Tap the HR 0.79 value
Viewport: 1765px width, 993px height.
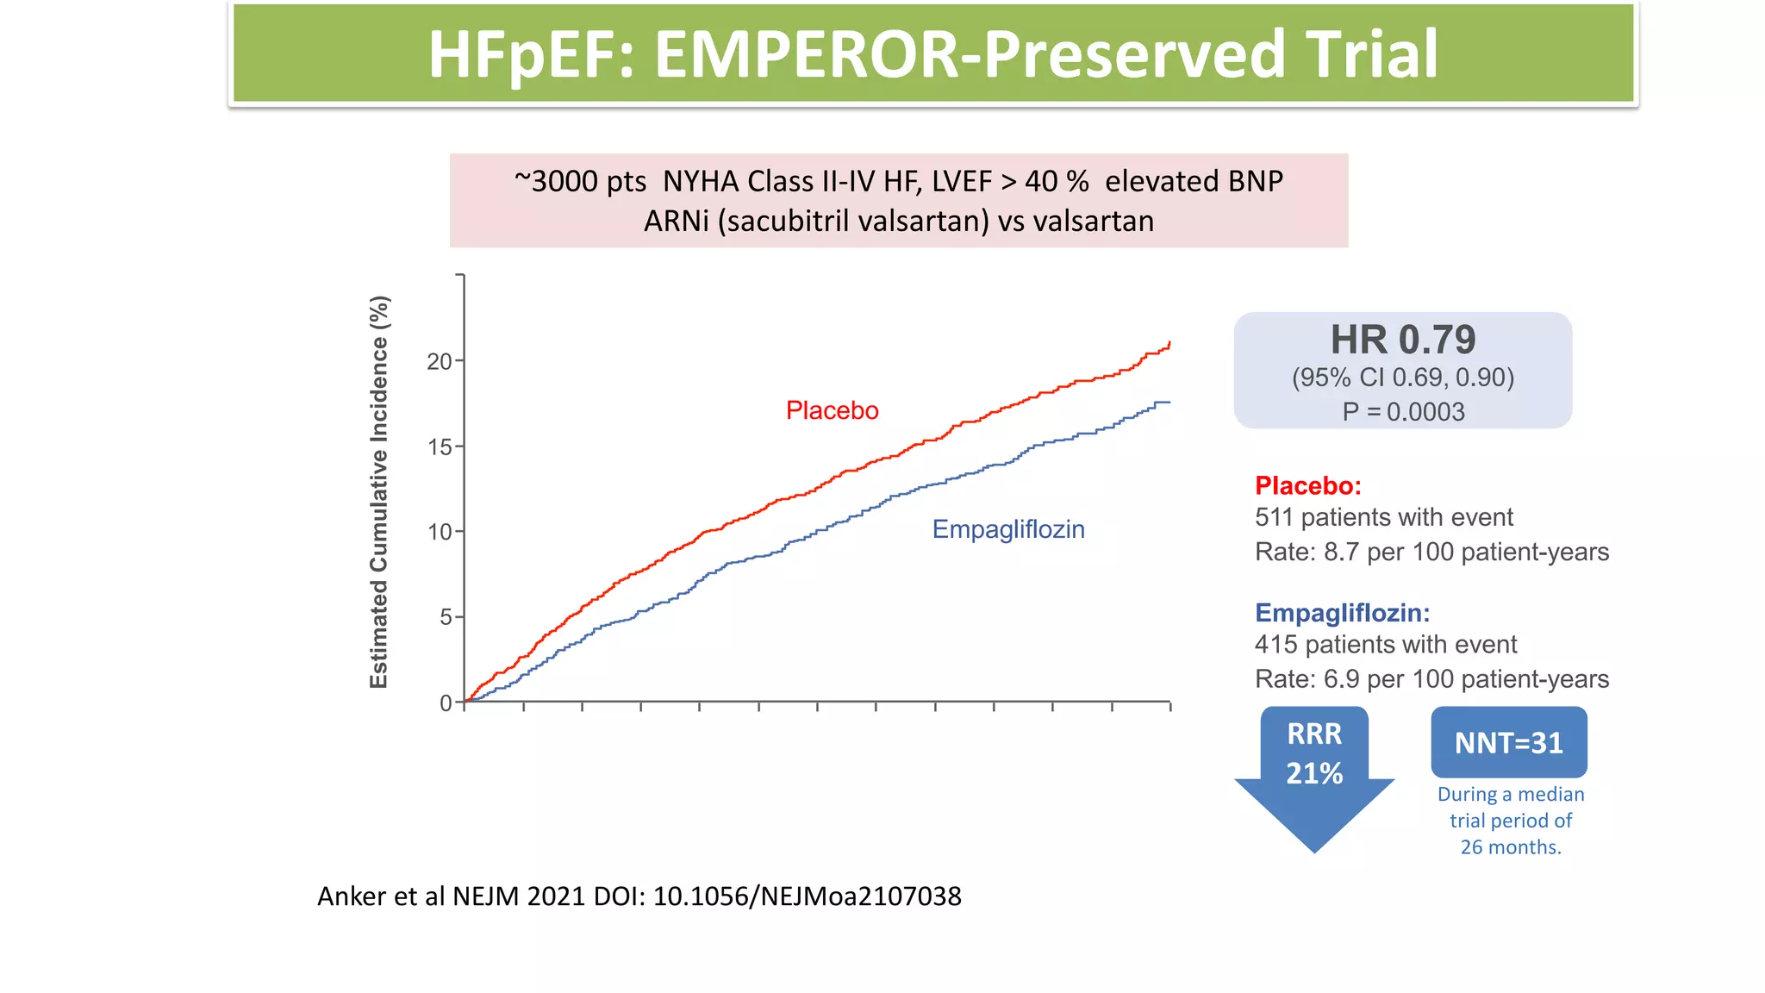(x=1402, y=340)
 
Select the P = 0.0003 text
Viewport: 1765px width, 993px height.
(x=1402, y=412)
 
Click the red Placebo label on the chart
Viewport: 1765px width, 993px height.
(x=832, y=410)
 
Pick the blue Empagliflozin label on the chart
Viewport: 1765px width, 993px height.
(x=1007, y=529)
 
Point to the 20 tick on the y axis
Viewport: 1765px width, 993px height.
(x=440, y=361)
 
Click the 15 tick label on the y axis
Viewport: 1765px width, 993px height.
(x=440, y=447)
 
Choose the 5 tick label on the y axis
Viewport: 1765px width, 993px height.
(x=446, y=617)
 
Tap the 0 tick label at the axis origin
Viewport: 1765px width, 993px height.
(x=446, y=703)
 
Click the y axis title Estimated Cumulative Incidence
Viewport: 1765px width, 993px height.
(x=379, y=491)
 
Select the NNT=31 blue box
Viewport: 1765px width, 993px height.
(x=1508, y=742)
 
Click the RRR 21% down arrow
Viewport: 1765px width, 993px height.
(x=1314, y=767)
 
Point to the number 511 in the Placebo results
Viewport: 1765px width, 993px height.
(x=1275, y=517)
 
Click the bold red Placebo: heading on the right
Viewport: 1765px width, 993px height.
(x=1307, y=485)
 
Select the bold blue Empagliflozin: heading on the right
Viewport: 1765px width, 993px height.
(x=1342, y=613)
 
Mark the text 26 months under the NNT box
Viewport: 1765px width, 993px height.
(x=1510, y=846)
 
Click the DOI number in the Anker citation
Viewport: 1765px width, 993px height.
(x=807, y=896)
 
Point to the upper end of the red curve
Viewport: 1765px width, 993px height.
(x=1169, y=343)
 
